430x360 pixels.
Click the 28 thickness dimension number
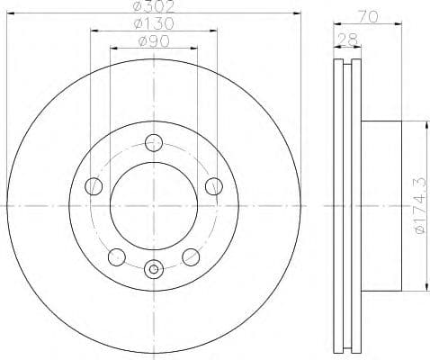[x=346, y=40]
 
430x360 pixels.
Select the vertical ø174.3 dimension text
[x=417, y=207]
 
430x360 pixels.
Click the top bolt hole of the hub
[x=153, y=142]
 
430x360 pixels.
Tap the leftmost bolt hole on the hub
[x=93, y=186]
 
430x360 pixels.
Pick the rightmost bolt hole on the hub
[x=213, y=186]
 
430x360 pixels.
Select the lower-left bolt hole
[x=115, y=257]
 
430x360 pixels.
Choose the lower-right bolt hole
[x=190, y=257]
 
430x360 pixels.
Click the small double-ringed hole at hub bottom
[x=153, y=267]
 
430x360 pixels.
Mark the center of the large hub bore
[x=153, y=206]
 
